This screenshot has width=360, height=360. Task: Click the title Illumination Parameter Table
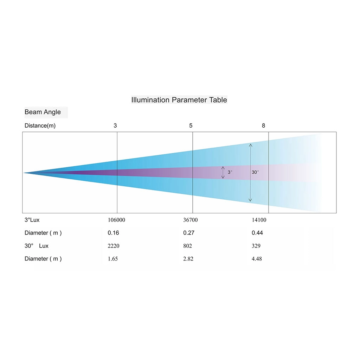179,100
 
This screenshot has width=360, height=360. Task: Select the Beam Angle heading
43,112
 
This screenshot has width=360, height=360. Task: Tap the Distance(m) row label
40,126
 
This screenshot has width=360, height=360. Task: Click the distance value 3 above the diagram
115,126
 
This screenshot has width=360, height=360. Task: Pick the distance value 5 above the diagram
191,126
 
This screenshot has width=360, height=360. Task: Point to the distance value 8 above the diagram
264,126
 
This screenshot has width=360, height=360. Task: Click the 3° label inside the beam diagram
230,172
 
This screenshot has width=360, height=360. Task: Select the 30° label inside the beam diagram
255,172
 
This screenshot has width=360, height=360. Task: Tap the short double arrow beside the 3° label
223,172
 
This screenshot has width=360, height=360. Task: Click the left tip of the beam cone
24,173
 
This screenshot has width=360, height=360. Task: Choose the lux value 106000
116,220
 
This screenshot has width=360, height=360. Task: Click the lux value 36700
190,220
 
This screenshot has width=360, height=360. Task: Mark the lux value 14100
259,220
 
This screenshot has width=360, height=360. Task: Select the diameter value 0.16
114,233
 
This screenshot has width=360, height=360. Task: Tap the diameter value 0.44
257,233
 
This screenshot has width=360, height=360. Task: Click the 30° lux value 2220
114,246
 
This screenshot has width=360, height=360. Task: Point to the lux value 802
188,246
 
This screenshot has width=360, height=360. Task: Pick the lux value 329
256,246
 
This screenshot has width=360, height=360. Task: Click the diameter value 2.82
188,259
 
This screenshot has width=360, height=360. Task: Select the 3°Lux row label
32,220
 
